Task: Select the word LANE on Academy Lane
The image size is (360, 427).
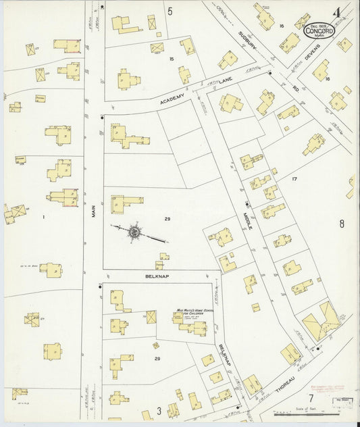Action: [226, 81]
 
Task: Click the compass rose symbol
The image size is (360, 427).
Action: [134, 232]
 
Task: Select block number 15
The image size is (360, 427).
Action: [172, 59]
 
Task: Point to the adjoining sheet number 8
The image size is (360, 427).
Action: [342, 224]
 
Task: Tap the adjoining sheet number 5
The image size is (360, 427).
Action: [170, 10]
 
